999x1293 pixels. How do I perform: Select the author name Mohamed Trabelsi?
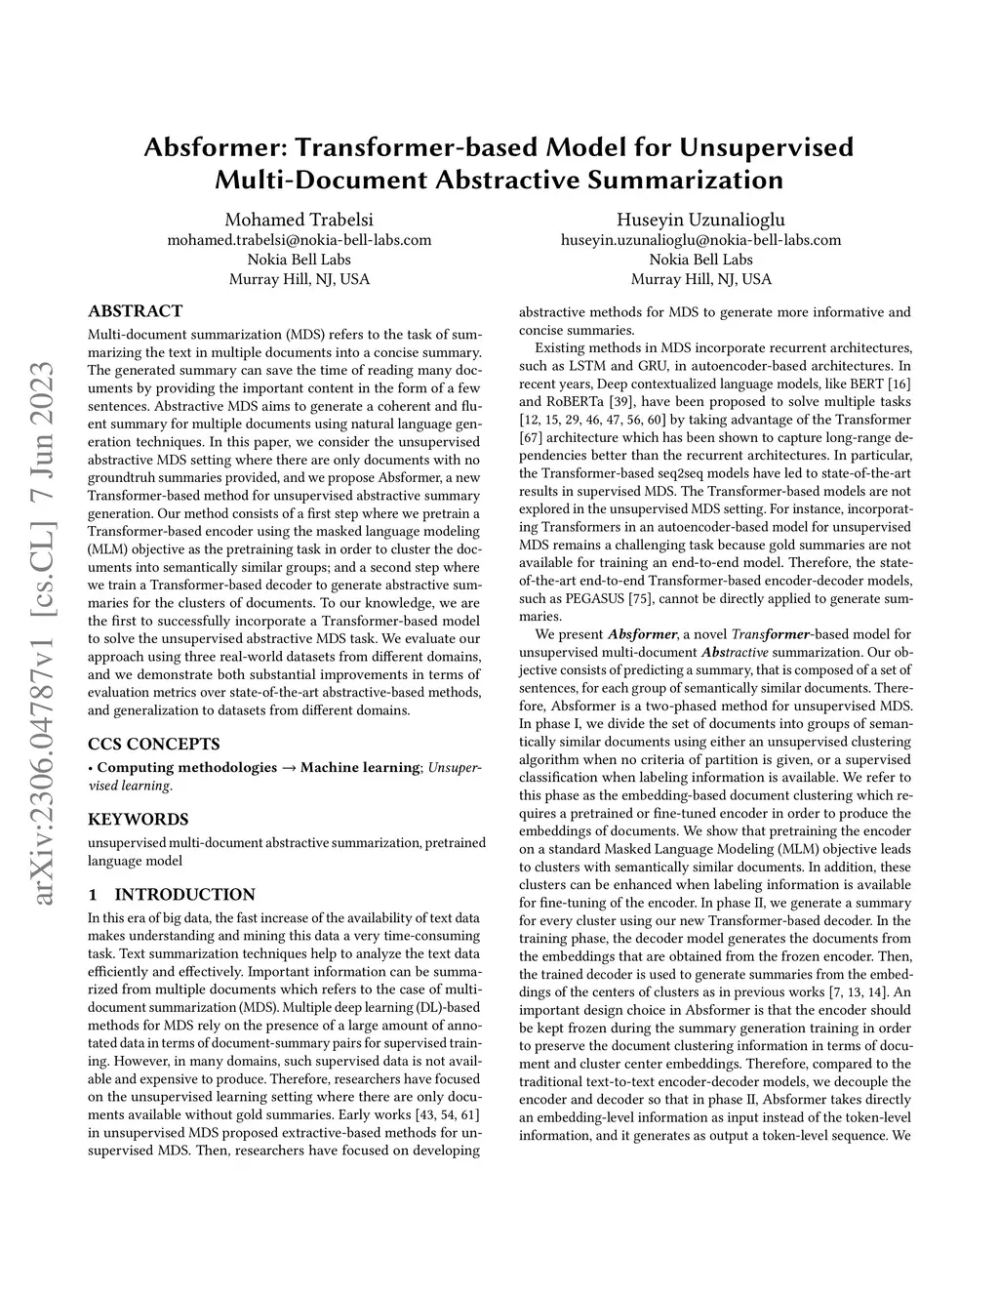click(x=299, y=220)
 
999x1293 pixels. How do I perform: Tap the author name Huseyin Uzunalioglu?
click(x=700, y=220)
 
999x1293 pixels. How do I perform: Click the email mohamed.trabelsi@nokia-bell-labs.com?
click(x=299, y=240)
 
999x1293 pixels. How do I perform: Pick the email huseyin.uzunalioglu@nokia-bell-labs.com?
click(x=700, y=240)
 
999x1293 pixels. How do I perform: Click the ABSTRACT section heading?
click(x=135, y=311)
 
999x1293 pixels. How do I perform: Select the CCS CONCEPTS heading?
click(x=153, y=744)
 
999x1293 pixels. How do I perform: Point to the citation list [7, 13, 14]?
click(x=852, y=992)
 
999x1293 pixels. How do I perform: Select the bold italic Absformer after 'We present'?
click(x=641, y=634)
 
